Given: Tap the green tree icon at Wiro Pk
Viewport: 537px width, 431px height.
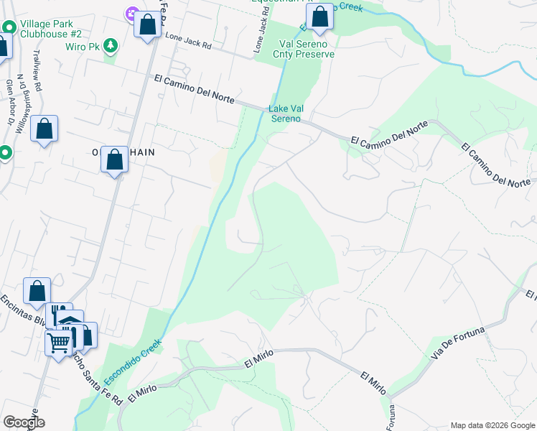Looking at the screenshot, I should click(x=110, y=47).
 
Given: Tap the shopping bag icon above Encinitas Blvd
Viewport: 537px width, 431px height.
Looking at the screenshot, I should click(x=37, y=292).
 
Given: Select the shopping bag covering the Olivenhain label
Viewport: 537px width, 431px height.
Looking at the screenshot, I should click(x=114, y=160).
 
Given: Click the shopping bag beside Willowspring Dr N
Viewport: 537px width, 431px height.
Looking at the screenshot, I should click(x=44, y=129).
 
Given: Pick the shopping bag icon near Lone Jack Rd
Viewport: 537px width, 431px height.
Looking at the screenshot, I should click(x=147, y=25).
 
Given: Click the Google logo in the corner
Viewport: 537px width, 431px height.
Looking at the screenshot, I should click(x=24, y=422).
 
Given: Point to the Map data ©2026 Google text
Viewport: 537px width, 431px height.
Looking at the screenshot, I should click(x=492, y=425).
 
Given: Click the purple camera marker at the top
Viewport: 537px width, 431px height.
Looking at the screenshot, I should click(x=131, y=13).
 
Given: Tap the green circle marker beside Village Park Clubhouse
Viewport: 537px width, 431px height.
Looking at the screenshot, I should click(x=9, y=27).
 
